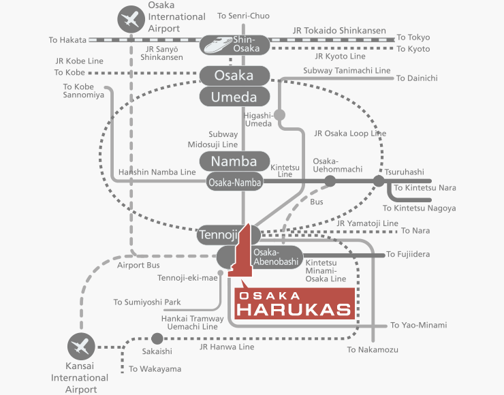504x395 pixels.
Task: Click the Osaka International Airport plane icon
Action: pos(131,19)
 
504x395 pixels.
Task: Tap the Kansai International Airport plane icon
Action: pos(81,347)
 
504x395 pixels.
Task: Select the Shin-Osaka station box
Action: pos(235,45)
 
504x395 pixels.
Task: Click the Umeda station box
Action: pos(235,97)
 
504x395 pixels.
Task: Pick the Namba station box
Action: pos(235,161)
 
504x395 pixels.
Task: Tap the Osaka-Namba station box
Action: pos(235,182)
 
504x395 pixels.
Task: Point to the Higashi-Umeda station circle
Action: pos(280,114)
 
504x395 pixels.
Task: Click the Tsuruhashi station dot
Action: pos(379,181)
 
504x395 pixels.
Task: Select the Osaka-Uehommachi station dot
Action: pos(330,181)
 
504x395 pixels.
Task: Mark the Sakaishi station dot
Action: pos(157,338)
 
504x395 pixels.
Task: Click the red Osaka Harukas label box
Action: pos(294,304)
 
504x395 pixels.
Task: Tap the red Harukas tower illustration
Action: pos(241,251)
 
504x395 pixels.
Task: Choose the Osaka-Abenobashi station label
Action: pos(276,257)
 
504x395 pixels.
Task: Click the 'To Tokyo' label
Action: pos(413,37)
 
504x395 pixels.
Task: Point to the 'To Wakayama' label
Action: pos(155,369)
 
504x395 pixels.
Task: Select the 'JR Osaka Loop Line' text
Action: pos(350,133)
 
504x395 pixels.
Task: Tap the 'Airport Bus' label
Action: pos(138,265)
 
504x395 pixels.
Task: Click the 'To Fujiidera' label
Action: pos(408,254)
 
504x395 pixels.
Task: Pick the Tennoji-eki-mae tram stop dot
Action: pos(221,273)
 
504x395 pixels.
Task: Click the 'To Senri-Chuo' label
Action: pos(243,16)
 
